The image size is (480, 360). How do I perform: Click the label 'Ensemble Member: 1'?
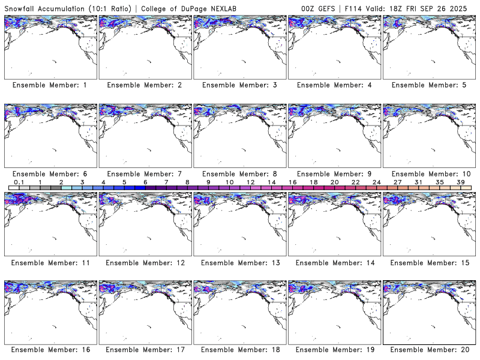(x=50, y=85)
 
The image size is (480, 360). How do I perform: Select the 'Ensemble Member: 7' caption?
(x=145, y=174)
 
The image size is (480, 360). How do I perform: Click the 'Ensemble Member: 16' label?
(x=50, y=350)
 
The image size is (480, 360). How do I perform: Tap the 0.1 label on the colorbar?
(x=19, y=182)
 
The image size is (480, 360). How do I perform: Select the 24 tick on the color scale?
(x=376, y=182)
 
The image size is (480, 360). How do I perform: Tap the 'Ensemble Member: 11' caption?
(x=50, y=262)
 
